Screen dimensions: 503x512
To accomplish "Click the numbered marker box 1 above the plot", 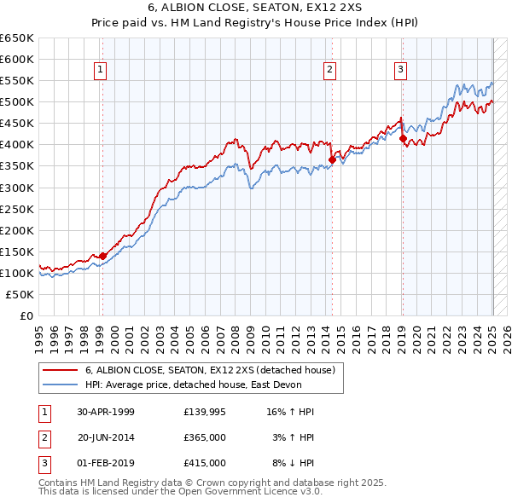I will pyautogui.click(x=101, y=70).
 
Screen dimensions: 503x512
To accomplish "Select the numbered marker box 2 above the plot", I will pyautogui.click(x=329, y=70).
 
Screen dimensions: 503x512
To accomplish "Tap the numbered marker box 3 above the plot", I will pyautogui.click(x=400, y=70).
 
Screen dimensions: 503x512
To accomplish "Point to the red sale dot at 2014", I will pyautogui.click(x=332, y=159).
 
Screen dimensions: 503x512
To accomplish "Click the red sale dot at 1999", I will pyautogui.click(x=102, y=256).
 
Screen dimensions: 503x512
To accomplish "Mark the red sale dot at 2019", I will pyautogui.click(x=403, y=138).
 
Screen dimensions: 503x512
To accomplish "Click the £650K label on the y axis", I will pyautogui.click(x=17, y=38).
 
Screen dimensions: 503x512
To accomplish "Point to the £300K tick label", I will pyautogui.click(x=17, y=188).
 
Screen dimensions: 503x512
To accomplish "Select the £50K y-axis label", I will pyautogui.click(x=20, y=294).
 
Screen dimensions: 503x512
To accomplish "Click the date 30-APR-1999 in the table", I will pyautogui.click(x=106, y=412).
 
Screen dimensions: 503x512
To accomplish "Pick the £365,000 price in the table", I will pyautogui.click(x=205, y=437).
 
